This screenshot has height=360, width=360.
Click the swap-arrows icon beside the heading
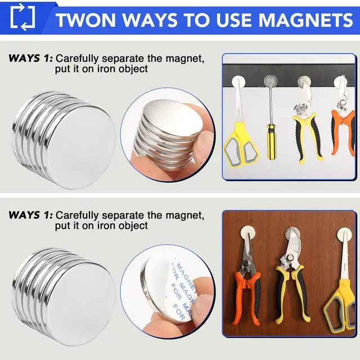pyautogui.click(x=22, y=16)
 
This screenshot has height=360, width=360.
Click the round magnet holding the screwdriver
pyautogui.click(x=272, y=81)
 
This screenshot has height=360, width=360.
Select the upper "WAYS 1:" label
pyautogui.click(x=30, y=58)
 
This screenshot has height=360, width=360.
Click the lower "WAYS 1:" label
pyautogui.click(x=30, y=215)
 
